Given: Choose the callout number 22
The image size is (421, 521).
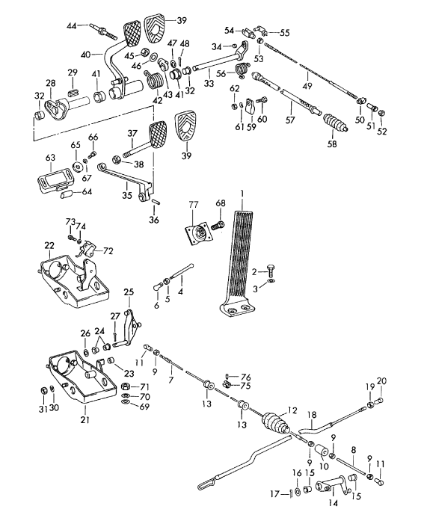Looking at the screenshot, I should tap(49, 246).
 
